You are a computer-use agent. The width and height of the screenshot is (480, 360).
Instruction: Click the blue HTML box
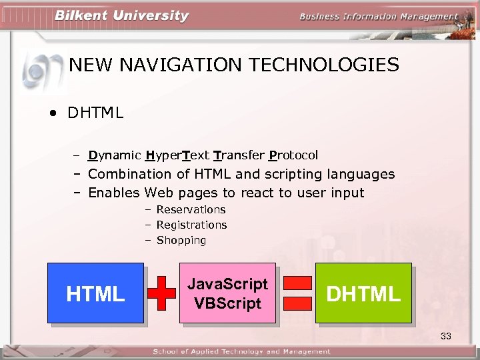[x=95, y=293]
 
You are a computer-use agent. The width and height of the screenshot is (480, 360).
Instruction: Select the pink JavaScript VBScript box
[x=227, y=293]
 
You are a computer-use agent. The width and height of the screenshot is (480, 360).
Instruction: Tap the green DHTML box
[x=363, y=293]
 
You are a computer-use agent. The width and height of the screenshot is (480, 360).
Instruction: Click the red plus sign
[x=162, y=293]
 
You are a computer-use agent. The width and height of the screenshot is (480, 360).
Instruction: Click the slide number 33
[x=446, y=336]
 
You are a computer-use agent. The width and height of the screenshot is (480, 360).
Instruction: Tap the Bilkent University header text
[x=121, y=16]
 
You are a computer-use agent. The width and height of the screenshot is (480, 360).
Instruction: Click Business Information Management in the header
[x=379, y=17]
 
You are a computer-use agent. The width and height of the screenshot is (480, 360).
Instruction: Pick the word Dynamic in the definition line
[x=114, y=155]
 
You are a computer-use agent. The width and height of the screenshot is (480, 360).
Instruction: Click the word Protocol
[x=293, y=155]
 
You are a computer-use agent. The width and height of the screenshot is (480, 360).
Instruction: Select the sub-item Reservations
[x=191, y=209]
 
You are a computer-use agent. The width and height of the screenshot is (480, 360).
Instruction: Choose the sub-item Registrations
[x=191, y=225]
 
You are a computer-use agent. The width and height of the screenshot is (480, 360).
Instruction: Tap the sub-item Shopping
[x=181, y=240]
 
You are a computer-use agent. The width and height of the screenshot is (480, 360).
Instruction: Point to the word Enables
[x=114, y=193]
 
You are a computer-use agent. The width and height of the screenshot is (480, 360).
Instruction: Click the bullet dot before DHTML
[x=52, y=113]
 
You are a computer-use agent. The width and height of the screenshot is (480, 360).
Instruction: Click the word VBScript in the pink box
[x=227, y=303]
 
